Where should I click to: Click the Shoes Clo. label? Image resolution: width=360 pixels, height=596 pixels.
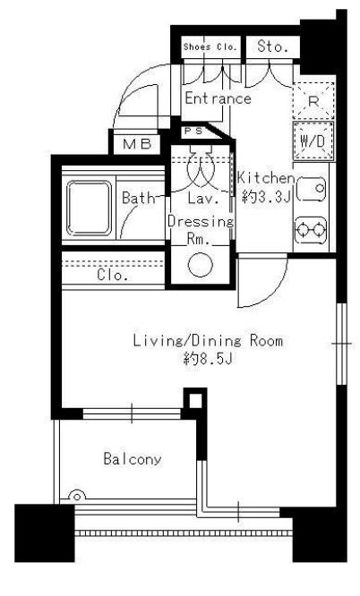[x=210, y=47]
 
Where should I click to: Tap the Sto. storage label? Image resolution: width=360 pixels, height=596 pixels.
[x=272, y=47]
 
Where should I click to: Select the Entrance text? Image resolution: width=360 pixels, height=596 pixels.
[x=218, y=98]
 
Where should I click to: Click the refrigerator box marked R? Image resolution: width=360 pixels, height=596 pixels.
[x=313, y=101]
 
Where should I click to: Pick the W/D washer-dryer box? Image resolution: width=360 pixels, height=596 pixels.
[x=313, y=141]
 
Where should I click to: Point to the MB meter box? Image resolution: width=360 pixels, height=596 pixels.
[x=137, y=144]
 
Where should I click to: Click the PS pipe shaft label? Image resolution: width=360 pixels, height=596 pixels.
[x=193, y=132]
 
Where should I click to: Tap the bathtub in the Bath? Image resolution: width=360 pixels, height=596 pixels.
[x=90, y=208]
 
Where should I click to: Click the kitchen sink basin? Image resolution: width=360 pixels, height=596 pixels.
[x=311, y=189]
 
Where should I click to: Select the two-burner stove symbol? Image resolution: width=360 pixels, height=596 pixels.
[x=311, y=230]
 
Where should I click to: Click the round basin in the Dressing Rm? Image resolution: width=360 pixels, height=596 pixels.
[x=201, y=264]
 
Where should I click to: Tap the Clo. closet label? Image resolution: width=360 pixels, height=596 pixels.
[x=112, y=275]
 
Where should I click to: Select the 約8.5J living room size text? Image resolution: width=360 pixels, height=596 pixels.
[x=208, y=359]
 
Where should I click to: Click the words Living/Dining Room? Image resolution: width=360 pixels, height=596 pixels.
[x=208, y=341]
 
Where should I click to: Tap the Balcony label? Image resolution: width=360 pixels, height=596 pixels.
[x=133, y=459]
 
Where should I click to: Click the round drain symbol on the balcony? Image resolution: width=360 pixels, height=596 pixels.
[x=77, y=496]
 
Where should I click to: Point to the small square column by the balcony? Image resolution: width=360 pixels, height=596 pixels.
[x=195, y=400]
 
